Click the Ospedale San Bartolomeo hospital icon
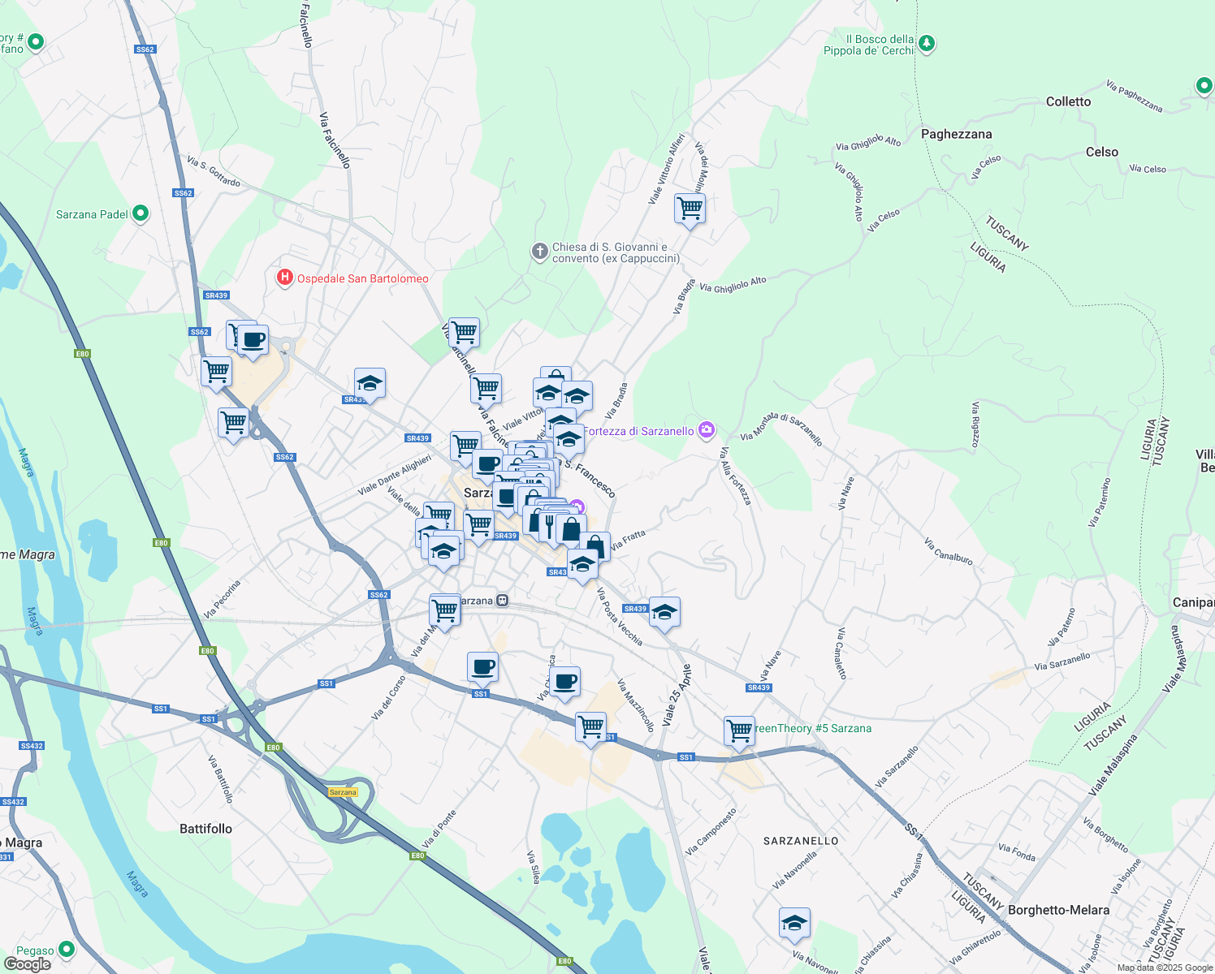284,278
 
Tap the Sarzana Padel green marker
141,213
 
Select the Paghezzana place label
956,134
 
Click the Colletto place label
1068,101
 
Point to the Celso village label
1101,152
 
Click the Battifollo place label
205,829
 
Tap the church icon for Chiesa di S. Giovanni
539,252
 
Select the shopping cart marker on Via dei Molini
690,209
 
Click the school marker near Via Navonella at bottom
794,923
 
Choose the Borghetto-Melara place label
1058,910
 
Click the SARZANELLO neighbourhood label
801,841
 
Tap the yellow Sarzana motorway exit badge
343,792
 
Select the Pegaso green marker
66,949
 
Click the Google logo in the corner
27,964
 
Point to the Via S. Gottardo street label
214,171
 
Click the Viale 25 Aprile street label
677,695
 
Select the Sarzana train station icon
503,601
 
